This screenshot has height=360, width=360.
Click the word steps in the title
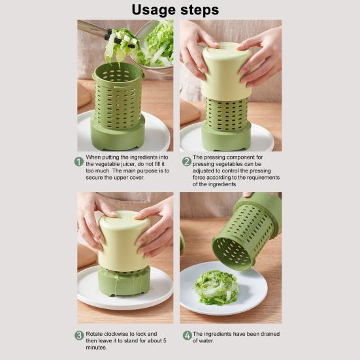point(199,10)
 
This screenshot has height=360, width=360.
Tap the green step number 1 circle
point(79,161)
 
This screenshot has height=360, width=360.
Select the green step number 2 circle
point(187,161)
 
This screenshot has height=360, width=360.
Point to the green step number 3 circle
point(79,335)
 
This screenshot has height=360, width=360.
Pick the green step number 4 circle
point(188,335)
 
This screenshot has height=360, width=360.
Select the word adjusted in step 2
point(203,171)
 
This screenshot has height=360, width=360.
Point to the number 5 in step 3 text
point(165,340)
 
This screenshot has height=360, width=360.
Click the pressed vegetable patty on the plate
point(216,287)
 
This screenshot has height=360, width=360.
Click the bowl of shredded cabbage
point(155,45)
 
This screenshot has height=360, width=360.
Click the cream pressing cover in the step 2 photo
point(226,72)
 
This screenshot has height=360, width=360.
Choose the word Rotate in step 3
point(92,334)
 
